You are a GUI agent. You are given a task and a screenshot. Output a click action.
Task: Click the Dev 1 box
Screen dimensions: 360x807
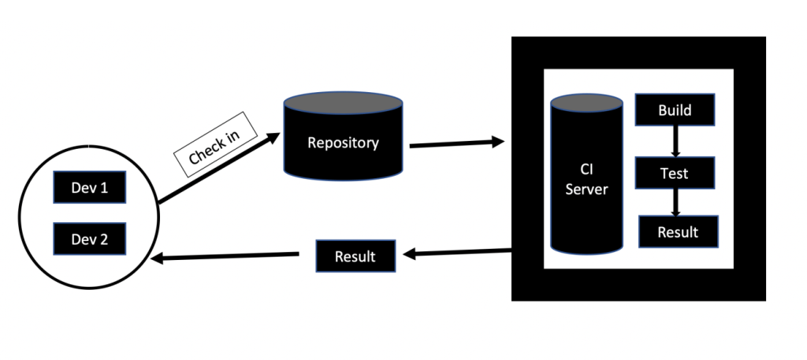coord(89,189)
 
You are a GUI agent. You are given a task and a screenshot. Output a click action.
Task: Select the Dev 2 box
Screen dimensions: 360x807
coord(89,239)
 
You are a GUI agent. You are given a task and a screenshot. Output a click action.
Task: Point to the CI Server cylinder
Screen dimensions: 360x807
coord(586,181)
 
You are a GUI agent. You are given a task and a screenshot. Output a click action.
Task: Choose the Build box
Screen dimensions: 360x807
coord(675,110)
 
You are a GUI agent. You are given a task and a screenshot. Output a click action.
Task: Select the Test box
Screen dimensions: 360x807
coord(675,173)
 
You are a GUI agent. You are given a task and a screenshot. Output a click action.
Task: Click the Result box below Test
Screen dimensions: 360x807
coord(678,232)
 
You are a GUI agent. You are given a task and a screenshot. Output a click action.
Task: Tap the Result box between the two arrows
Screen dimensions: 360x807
coord(355,257)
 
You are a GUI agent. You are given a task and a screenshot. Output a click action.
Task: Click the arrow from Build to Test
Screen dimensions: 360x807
coord(675,141)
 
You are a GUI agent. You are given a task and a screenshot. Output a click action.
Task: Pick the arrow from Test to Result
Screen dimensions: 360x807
coord(675,202)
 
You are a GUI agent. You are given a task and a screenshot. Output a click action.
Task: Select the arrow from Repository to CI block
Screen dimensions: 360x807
coord(457,144)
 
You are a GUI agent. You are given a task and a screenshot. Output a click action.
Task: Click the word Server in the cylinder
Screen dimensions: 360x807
coord(586,190)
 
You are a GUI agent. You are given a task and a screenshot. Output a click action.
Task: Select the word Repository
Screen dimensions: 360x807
coord(343,143)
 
